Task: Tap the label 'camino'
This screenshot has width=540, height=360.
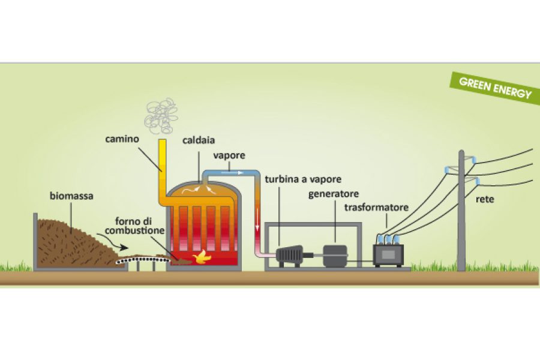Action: tap(122, 139)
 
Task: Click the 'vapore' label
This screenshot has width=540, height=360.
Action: tap(229, 155)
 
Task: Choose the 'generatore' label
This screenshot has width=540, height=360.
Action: tap(334, 194)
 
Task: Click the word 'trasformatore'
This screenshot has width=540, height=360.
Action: tap(376, 208)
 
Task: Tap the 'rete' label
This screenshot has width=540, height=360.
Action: tap(485, 199)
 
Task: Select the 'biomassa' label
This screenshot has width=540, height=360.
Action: tap(71, 196)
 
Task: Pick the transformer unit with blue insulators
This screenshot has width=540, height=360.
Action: tap(389, 252)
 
